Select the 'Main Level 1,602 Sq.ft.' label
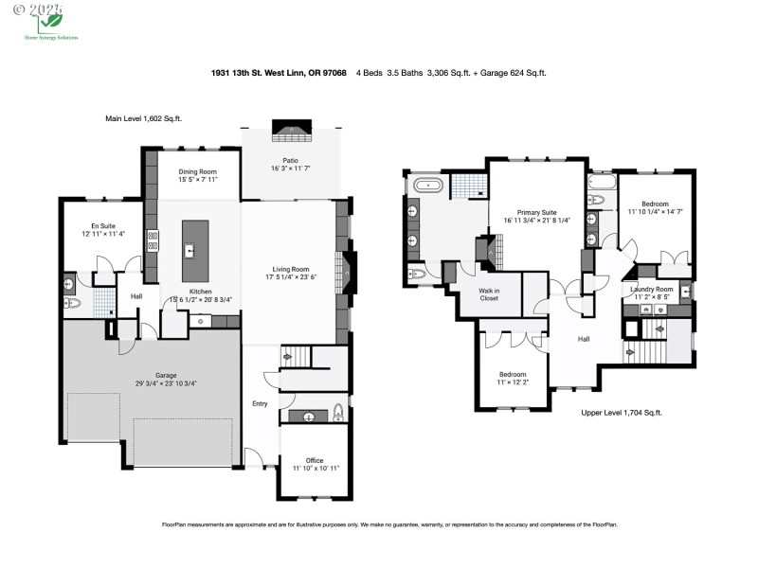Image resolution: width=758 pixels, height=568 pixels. coord(143,119)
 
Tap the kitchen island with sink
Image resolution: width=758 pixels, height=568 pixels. coord(194,251)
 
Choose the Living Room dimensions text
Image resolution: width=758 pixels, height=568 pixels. coord(291,277)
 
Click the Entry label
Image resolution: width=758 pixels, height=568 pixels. coord(260,404)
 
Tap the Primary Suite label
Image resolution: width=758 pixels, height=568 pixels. coord(535,213)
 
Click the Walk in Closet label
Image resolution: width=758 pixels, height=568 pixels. coord(489,293)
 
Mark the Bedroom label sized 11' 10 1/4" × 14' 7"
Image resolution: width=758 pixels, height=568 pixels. coord(655,204)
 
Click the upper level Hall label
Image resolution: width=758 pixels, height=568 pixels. coord(585,338)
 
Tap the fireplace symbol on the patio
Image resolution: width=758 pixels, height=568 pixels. coord(292,130)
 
